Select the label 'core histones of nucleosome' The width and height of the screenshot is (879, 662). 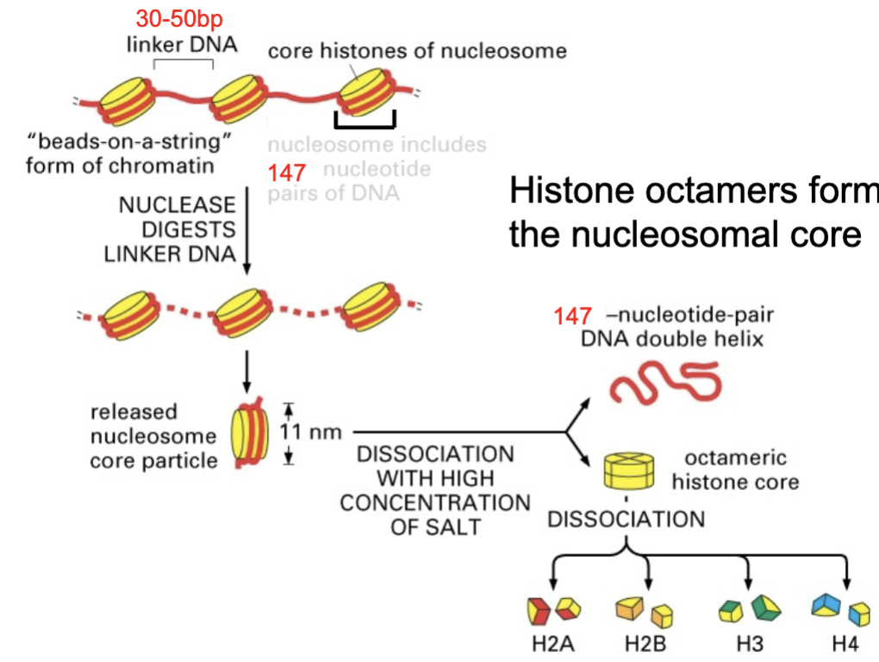coord(417,51)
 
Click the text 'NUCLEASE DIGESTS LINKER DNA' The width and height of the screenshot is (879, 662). coord(177,229)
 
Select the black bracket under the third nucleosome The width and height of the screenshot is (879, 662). coord(365,122)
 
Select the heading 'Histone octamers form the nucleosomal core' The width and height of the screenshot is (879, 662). coord(689,212)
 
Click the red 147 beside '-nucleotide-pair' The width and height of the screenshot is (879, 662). coord(573,316)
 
